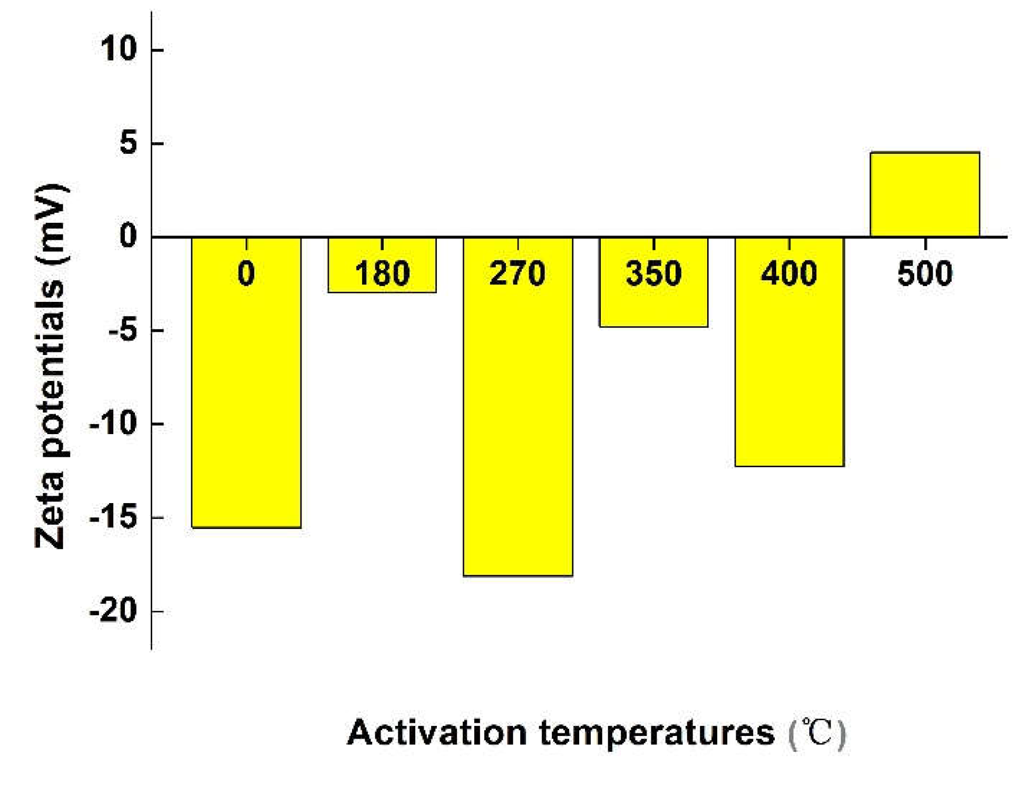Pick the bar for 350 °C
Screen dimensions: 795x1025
(653, 306)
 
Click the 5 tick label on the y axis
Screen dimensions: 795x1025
(128, 143)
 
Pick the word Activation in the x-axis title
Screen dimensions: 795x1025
(437, 732)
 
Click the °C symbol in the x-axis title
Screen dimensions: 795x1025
(817, 732)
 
